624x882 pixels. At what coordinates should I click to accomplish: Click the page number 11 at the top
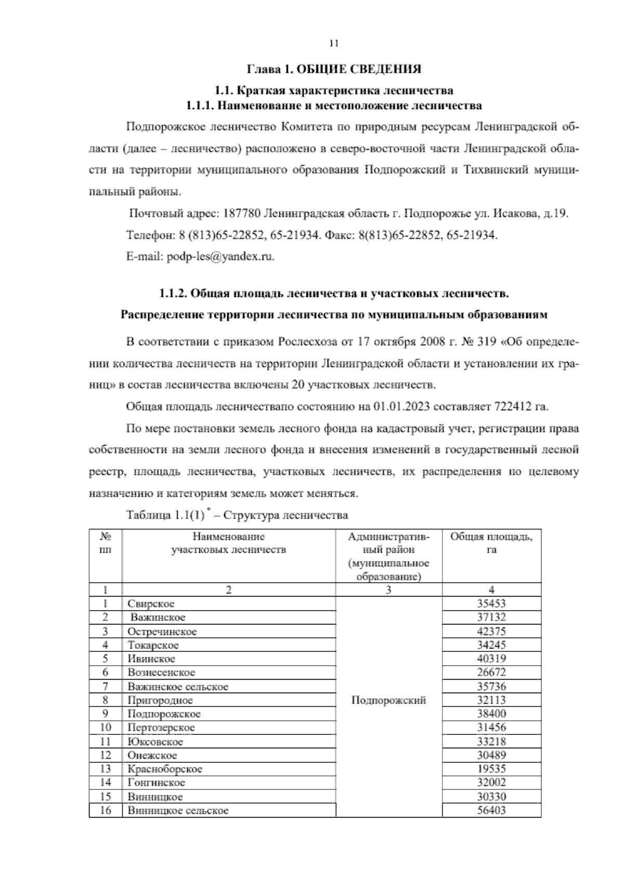click(334, 44)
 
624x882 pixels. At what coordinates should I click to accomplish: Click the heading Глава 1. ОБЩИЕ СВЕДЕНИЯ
click(333, 69)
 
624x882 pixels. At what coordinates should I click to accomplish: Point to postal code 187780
click(242, 214)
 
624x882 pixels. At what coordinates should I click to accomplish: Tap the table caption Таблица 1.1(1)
click(164, 515)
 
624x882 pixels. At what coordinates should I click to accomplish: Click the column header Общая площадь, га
click(491, 543)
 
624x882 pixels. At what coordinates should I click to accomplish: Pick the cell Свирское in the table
click(151, 604)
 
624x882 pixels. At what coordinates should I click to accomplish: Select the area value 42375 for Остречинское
click(491, 631)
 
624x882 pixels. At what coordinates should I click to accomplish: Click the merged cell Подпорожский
click(389, 700)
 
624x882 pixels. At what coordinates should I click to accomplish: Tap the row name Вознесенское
click(162, 672)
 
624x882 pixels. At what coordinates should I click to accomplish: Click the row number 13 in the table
click(105, 769)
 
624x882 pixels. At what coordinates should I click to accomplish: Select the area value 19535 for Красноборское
click(491, 769)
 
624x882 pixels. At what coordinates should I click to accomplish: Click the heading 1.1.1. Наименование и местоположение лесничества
click(334, 106)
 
